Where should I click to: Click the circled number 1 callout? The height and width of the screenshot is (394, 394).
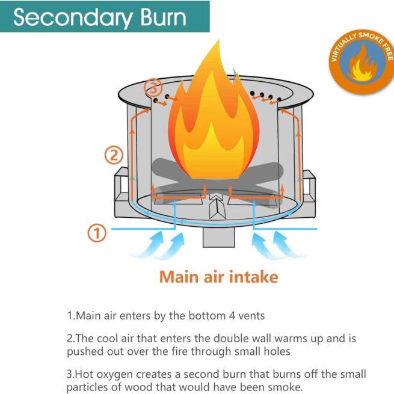point(97,233)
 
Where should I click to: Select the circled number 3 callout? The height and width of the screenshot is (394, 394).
point(153,88)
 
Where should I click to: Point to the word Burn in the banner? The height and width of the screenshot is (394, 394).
point(164,17)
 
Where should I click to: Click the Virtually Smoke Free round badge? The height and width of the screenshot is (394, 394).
point(362,61)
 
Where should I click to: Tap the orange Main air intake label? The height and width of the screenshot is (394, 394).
point(218,277)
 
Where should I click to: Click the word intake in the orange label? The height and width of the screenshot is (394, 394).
point(254,277)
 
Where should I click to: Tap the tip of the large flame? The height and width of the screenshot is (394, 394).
point(219,40)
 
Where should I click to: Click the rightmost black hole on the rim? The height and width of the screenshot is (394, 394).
point(279,100)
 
